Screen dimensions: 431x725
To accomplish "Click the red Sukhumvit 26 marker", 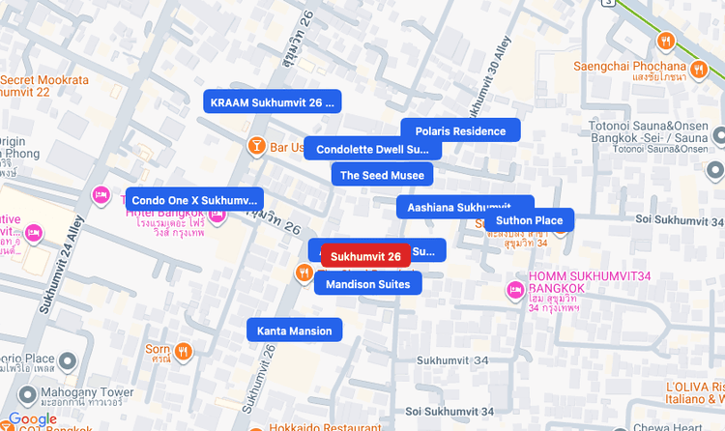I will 365,256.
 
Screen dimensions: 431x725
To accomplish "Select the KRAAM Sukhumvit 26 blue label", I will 273,101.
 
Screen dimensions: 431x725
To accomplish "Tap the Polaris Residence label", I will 460,130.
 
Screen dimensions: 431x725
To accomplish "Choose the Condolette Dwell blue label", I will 372,149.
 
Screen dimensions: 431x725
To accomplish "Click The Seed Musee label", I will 382,175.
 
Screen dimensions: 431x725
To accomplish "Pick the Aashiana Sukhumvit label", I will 464,207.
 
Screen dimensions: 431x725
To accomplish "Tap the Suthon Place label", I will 529,220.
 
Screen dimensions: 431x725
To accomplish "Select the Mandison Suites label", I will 368,283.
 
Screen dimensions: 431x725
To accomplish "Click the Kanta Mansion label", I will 294,330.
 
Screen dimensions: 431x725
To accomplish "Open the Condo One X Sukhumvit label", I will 194,200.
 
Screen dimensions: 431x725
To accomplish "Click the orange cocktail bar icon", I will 257,147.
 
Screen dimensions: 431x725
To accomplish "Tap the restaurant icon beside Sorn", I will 184,350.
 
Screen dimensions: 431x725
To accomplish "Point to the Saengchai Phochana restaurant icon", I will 666,42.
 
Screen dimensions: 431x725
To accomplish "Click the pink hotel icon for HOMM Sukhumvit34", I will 515,289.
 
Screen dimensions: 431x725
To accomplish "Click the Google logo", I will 32,419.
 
